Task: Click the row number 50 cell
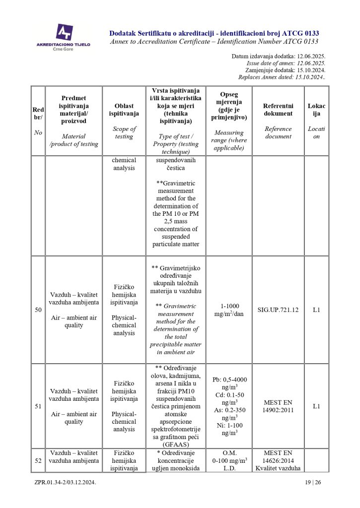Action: (38, 310)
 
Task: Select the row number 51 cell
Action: (38, 406)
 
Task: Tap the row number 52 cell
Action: (38, 460)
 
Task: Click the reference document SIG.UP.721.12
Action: (278, 310)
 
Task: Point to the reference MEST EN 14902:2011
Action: (278, 406)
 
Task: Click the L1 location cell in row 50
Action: (316, 310)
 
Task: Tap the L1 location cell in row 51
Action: (316, 406)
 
